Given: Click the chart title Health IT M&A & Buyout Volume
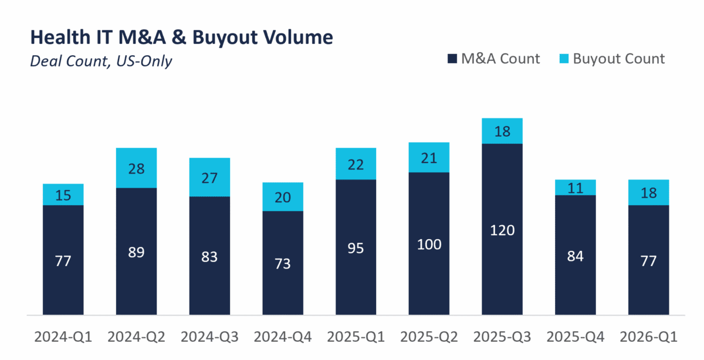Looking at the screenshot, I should pyautogui.click(x=181, y=38).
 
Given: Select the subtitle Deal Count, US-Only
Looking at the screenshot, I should pyautogui.click(x=101, y=60).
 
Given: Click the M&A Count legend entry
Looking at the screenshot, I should pyautogui.click(x=494, y=59).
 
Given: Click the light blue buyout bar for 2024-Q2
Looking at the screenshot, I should pyautogui.click(x=136, y=168).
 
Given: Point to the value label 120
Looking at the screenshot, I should pyautogui.click(x=502, y=230).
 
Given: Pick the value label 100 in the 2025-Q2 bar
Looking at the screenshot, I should pyautogui.click(x=429, y=244).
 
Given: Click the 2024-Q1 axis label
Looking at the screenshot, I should pyautogui.click(x=63, y=337).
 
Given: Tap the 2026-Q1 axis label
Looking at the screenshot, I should pyautogui.click(x=649, y=337).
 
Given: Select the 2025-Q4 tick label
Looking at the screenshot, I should pyautogui.click(x=576, y=337).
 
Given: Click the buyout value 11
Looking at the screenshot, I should pyautogui.click(x=576, y=188).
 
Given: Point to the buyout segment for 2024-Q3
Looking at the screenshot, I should pyautogui.click(x=209, y=177).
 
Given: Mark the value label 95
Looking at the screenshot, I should pyautogui.click(x=356, y=247).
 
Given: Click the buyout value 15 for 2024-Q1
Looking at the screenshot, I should pyautogui.click(x=63, y=195).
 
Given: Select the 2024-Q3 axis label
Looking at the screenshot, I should pyautogui.click(x=209, y=337).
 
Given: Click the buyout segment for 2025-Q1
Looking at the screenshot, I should pyautogui.click(x=356, y=164).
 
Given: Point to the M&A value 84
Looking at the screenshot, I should pyautogui.click(x=576, y=256).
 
